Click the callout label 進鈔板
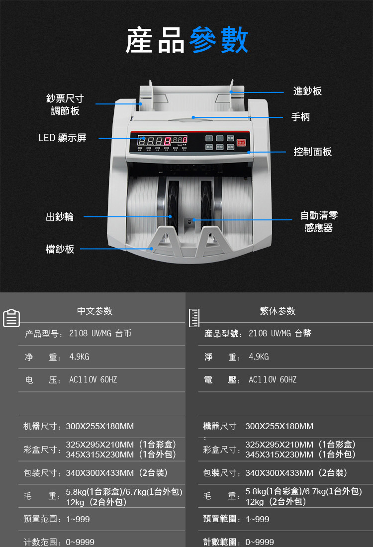click(x=307, y=91)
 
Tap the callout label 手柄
click(x=300, y=117)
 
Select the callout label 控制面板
click(x=312, y=152)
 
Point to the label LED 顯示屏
click(x=63, y=138)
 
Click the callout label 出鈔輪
click(x=60, y=217)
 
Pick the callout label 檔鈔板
click(x=60, y=249)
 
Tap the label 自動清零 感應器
click(x=319, y=222)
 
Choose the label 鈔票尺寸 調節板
click(x=65, y=104)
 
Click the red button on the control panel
click(x=242, y=142)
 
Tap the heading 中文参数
click(x=94, y=311)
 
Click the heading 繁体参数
click(x=278, y=311)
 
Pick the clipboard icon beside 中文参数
click(x=11, y=318)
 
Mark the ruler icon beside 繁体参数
click(x=194, y=318)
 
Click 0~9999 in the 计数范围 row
click(x=80, y=542)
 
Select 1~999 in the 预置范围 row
click(x=78, y=519)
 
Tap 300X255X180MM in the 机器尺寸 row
click(x=100, y=426)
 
